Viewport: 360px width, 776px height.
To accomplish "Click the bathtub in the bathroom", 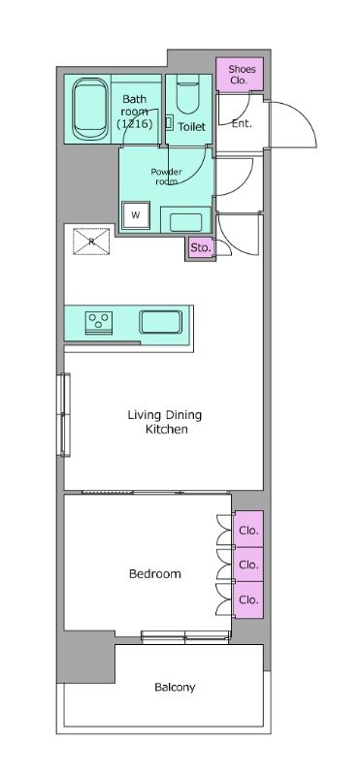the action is click(90, 110).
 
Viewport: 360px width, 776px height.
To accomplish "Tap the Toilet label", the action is click(191, 127).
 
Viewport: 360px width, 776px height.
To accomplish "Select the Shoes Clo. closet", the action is click(239, 75).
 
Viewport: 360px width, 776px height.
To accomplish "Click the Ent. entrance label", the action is click(242, 124).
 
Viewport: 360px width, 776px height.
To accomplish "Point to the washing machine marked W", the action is click(135, 215).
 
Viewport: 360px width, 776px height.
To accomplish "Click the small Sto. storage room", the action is click(201, 248).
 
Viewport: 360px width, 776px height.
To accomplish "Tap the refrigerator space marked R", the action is click(91, 242).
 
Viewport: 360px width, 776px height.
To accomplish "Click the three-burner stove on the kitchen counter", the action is click(100, 323).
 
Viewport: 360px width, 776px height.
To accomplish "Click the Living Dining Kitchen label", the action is click(165, 422).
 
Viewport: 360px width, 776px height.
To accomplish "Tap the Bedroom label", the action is click(155, 574).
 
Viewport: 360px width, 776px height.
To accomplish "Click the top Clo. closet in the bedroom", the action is click(248, 529).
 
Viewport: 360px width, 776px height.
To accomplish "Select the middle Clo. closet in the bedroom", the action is click(248, 565).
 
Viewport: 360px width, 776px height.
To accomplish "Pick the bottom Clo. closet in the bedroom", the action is click(248, 600).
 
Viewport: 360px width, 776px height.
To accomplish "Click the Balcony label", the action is click(175, 688).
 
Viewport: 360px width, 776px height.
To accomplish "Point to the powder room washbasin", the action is click(185, 222).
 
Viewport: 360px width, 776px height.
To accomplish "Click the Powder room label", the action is click(166, 177).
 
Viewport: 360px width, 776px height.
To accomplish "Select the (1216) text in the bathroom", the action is click(134, 124).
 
